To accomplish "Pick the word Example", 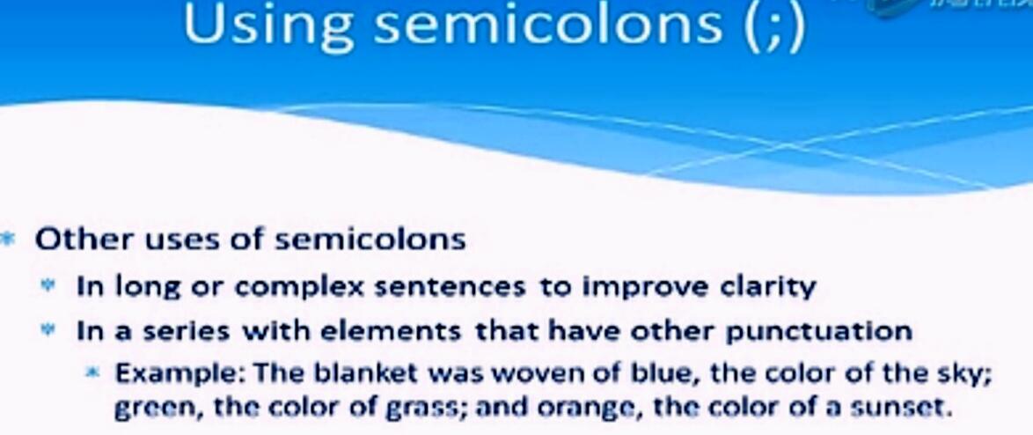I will (180, 373).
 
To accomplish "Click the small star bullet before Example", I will (92, 372).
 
